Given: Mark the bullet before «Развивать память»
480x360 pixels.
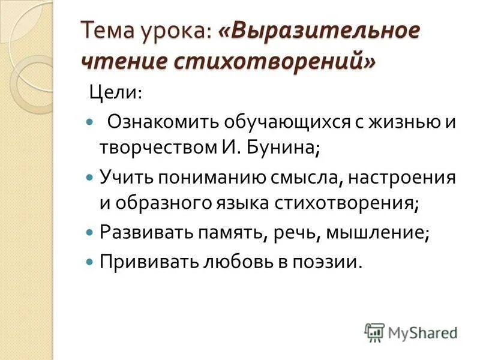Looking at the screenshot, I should point(90,231).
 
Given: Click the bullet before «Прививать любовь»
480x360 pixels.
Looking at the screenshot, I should point(90,260).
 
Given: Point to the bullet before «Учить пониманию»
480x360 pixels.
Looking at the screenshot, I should point(90,177).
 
